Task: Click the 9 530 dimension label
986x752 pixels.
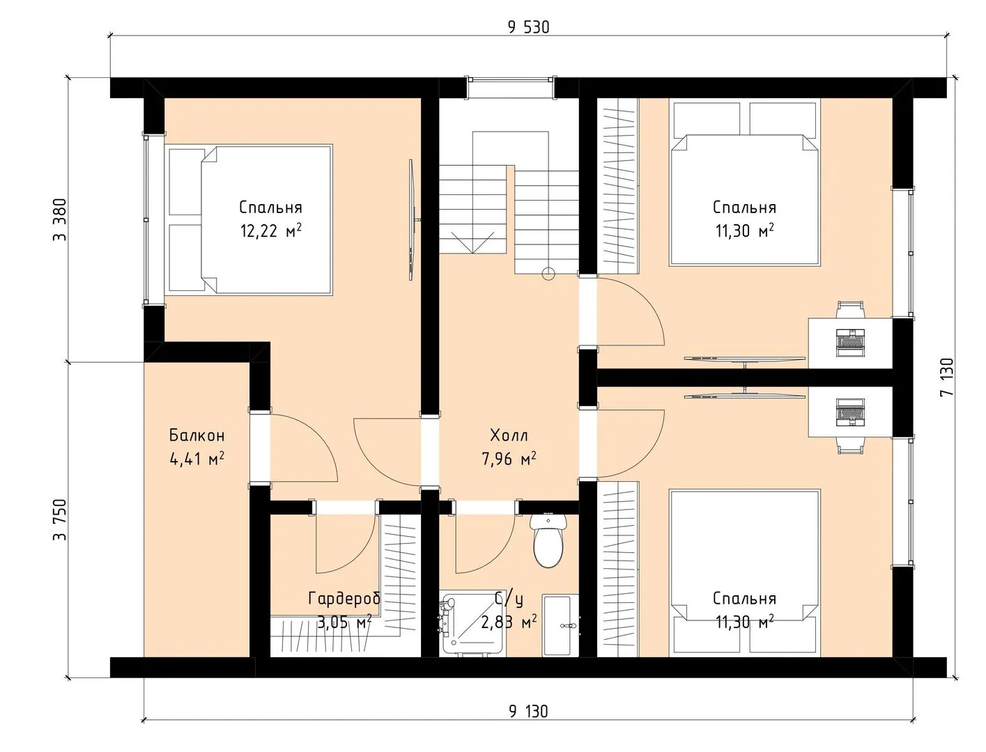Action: [x=528, y=27]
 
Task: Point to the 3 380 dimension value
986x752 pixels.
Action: [x=60, y=220]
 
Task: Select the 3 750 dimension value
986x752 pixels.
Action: [x=60, y=519]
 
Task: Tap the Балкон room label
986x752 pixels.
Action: [x=197, y=434]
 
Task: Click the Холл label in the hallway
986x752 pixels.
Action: [x=509, y=434]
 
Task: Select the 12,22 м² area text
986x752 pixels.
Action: [x=271, y=230]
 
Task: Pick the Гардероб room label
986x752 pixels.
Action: [x=344, y=598]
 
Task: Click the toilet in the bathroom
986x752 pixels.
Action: [x=548, y=540]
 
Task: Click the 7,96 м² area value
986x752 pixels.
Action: [x=509, y=459]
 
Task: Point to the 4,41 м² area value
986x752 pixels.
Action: [x=197, y=459]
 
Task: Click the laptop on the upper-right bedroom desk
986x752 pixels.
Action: [x=850, y=343]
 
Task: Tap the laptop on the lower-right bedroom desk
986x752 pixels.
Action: [x=850, y=412]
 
